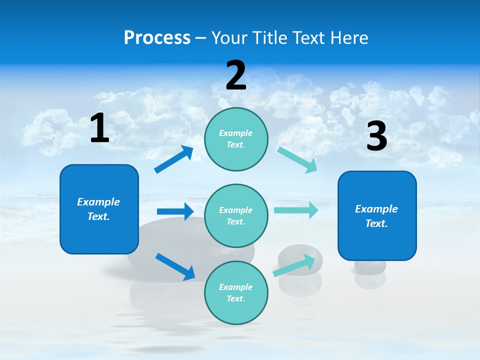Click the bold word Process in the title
[157, 37]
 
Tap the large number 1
[99, 128]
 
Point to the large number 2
[236, 76]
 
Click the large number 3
[376, 136]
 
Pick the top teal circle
[236, 139]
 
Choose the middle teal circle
[236, 216]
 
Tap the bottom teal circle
[236, 292]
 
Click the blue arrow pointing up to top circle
[174, 159]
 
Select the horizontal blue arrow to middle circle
[175, 211]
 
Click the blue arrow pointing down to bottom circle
[175, 266]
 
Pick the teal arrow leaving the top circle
[297, 159]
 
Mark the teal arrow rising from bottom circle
[294, 265]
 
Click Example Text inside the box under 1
[98, 209]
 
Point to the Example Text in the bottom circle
[236, 292]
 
